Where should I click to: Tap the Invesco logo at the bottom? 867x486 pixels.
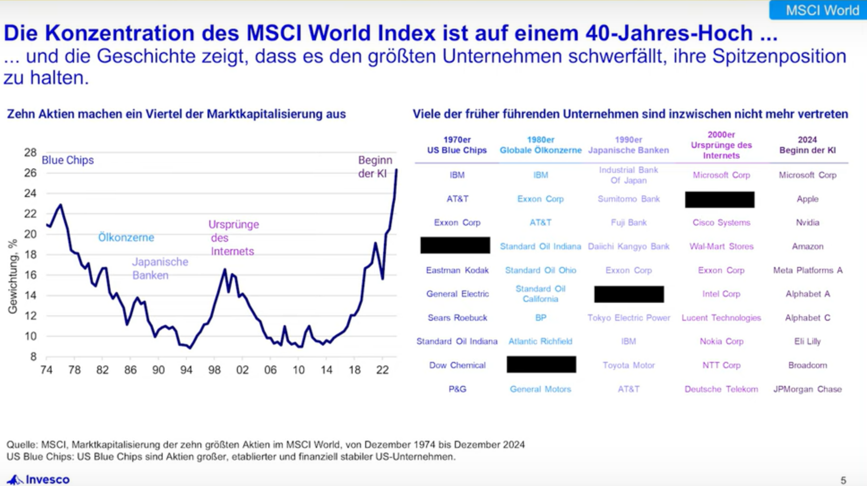[39, 479]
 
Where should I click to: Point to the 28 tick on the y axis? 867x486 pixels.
[30, 153]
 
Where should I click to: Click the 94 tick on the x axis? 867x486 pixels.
[186, 370]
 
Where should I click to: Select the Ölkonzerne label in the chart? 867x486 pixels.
[126, 237]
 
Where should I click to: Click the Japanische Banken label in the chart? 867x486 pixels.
[160, 268]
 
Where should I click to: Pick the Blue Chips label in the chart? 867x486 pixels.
[68, 160]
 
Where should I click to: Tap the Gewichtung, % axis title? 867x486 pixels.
[13, 276]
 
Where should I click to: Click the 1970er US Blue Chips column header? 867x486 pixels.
[457, 145]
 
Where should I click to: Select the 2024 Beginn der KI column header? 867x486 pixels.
[807, 145]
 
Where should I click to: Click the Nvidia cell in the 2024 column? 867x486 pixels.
[807, 223]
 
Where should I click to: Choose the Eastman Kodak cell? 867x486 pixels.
[457, 270]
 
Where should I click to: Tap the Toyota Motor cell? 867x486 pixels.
[628, 365]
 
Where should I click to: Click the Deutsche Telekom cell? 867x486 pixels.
[721, 389]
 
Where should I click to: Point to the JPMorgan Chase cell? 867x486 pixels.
[807, 389]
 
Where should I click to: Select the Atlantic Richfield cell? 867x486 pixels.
[540, 341]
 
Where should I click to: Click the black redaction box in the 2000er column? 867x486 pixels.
[720, 200]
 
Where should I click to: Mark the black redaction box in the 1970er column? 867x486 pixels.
[455, 245]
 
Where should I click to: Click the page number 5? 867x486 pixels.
[843, 480]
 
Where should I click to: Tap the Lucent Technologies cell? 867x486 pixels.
[721, 318]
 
